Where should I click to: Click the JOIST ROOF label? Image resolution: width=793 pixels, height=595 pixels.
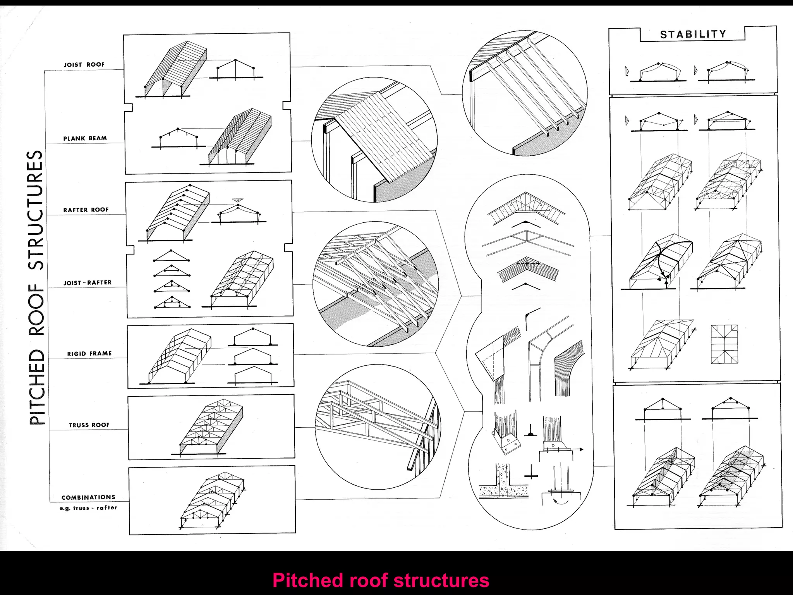[84, 65]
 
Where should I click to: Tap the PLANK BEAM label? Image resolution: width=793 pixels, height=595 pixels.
[85, 138]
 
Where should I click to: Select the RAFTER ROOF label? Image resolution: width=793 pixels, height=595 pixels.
[86, 210]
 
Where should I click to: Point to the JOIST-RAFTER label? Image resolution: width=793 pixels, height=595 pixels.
[88, 283]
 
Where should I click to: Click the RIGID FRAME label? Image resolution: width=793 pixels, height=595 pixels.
[89, 354]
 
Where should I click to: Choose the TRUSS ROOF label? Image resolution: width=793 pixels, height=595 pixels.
[89, 425]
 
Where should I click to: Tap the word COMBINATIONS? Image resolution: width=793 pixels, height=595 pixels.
[88, 497]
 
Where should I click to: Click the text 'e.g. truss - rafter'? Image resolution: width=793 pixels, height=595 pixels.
[88, 508]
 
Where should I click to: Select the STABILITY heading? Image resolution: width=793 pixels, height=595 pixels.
[693, 34]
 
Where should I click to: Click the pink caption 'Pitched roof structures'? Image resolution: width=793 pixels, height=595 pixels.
[381, 580]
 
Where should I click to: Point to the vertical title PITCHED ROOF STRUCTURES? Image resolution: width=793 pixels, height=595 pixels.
[36, 287]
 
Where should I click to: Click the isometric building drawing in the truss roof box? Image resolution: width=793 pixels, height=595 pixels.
[211, 428]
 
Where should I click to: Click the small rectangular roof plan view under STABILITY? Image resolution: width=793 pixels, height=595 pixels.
[724, 344]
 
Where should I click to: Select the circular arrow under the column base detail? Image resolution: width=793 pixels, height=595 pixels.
[560, 500]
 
